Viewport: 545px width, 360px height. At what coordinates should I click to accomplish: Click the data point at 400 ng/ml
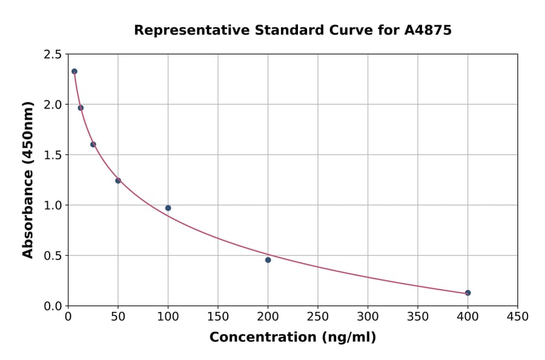[467, 293]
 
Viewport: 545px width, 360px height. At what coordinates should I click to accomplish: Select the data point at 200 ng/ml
[268, 260]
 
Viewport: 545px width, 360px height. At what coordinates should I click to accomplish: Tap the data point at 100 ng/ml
[168, 208]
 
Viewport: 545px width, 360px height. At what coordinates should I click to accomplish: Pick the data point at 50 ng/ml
[118, 181]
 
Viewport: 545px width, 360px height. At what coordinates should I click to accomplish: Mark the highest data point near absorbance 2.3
[74, 72]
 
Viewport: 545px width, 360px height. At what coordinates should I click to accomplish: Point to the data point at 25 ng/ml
[93, 144]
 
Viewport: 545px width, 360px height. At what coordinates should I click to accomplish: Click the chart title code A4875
[428, 30]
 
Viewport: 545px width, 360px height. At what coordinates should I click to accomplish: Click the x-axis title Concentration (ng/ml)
[292, 338]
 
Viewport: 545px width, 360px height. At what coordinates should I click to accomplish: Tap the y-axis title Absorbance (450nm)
[28, 179]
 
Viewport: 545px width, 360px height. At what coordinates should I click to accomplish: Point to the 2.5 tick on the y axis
[52, 55]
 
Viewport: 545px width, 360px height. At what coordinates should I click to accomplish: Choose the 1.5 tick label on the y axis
[52, 155]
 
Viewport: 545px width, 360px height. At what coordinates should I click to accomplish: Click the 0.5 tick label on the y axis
[52, 256]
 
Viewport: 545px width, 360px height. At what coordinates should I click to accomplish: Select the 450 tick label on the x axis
[517, 317]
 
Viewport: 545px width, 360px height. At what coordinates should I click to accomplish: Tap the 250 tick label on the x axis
[318, 317]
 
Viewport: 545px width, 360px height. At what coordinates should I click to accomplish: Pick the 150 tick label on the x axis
[218, 317]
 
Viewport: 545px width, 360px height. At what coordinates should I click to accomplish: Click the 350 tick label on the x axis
[418, 317]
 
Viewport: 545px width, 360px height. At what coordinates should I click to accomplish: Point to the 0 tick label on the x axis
[68, 317]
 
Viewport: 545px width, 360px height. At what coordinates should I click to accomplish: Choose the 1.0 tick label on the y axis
[52, 205]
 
